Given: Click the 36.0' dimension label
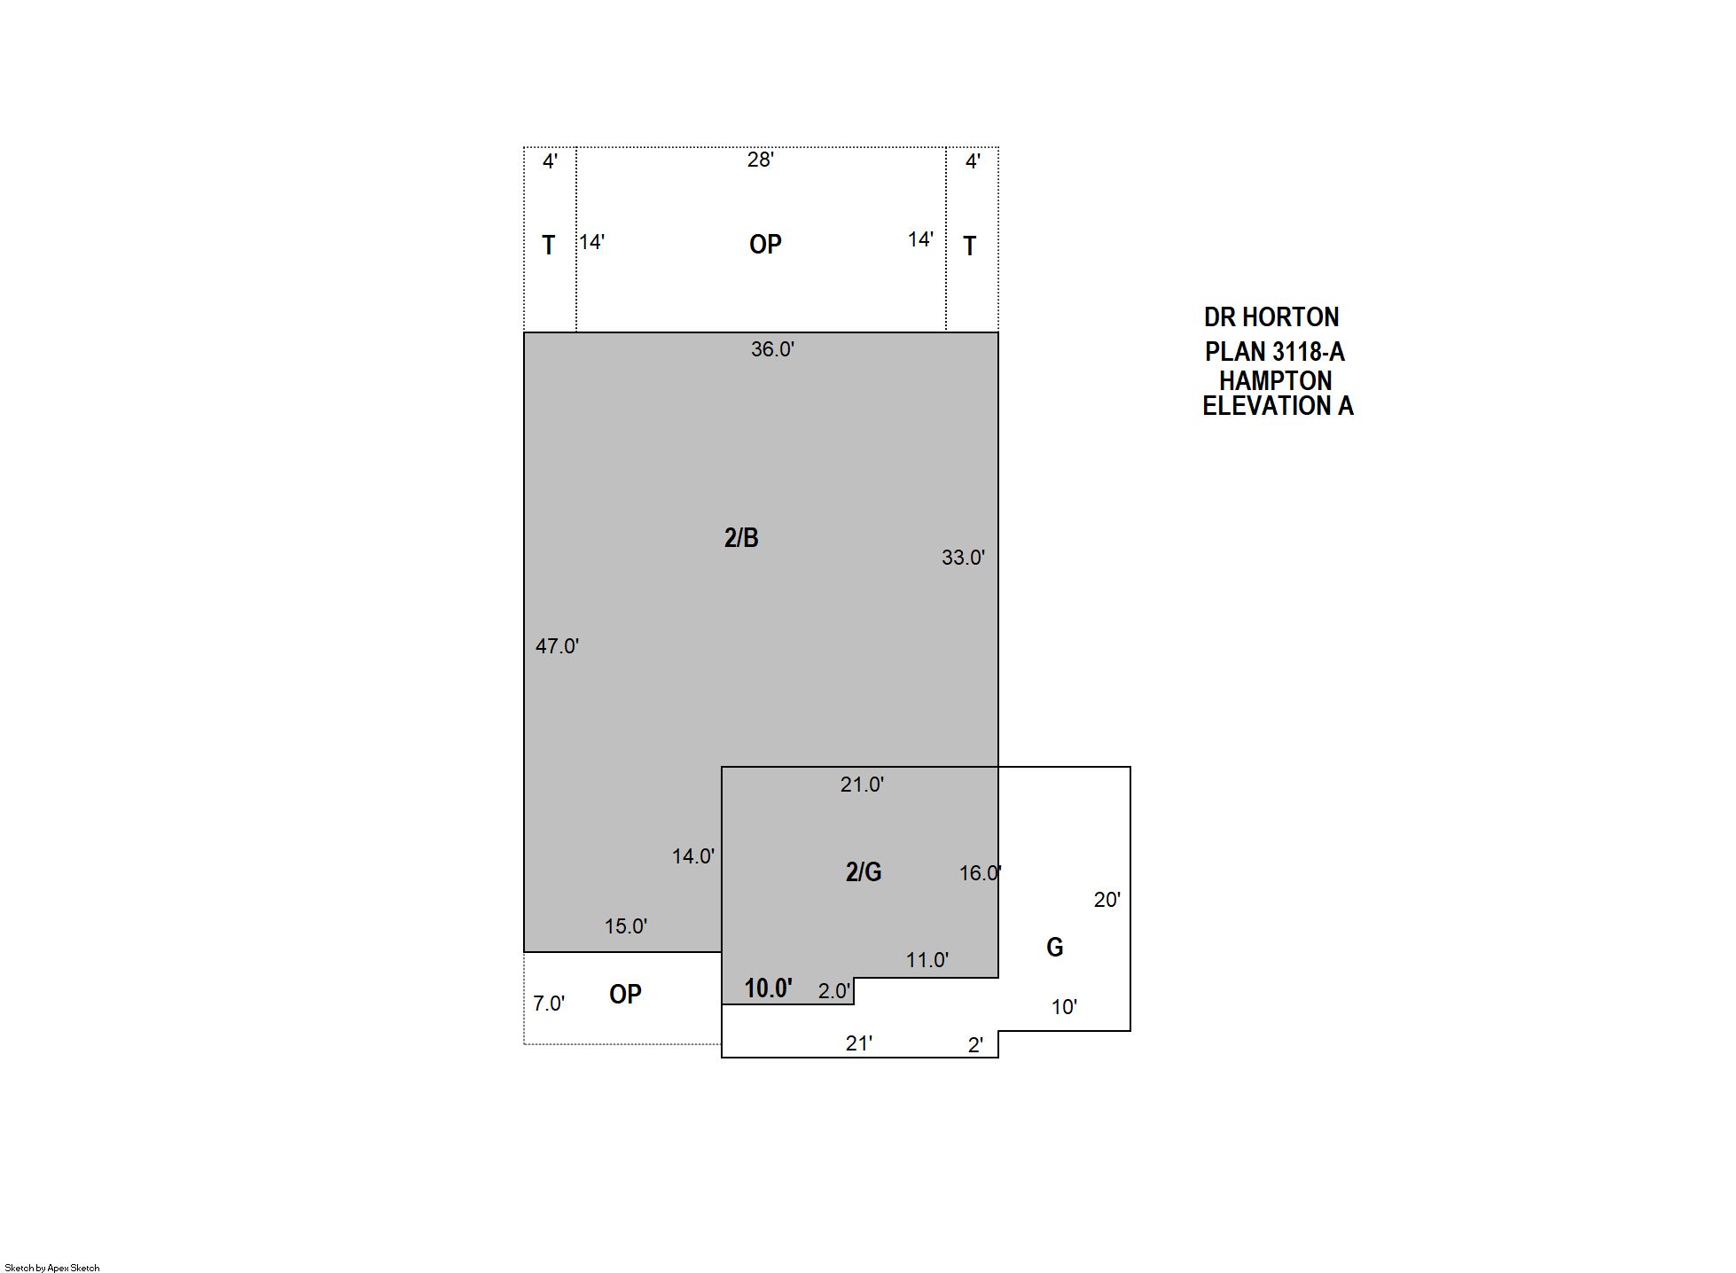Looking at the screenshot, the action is point(772,349).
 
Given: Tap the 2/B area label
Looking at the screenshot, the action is point(741,538).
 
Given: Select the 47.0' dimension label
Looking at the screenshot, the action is point(557,646).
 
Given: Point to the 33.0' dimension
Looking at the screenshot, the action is point(963,558).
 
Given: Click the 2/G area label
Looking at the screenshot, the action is point(864,872).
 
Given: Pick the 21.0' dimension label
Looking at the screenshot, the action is point(862,785).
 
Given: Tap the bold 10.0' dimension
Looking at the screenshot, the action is point(768,988).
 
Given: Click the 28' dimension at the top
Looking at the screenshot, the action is point(761,160).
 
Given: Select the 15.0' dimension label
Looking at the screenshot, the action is point(626,926).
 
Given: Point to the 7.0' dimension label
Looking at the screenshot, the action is point(549,1004).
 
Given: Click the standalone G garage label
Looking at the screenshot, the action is point(1055,948).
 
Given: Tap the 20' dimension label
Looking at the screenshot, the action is point(1107,900).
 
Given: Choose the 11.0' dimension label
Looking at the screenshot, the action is point(927,960).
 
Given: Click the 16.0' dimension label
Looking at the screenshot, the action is point(981,873).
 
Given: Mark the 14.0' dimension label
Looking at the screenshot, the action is point(693,856).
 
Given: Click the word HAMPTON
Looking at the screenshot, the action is point(1275,381).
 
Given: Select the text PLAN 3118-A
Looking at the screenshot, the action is point(1274,352).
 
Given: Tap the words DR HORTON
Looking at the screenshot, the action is point(1271,317).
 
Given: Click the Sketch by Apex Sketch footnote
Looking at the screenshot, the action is point(52,1268).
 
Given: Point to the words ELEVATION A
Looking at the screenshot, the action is point(1278,406).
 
